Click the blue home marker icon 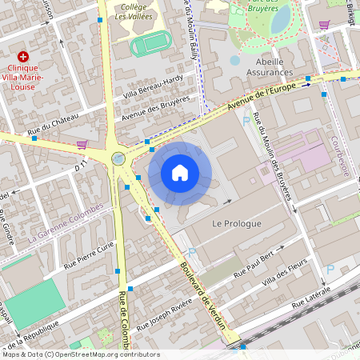(x=180, y=173)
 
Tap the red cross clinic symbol (x=23, y=57)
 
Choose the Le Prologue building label (x=237, y=224)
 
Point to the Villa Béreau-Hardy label (x=153, y=86)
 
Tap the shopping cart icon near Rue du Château (x=81, y=145)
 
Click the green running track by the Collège (x=150, y=43)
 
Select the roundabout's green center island (x=119, y=158)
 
